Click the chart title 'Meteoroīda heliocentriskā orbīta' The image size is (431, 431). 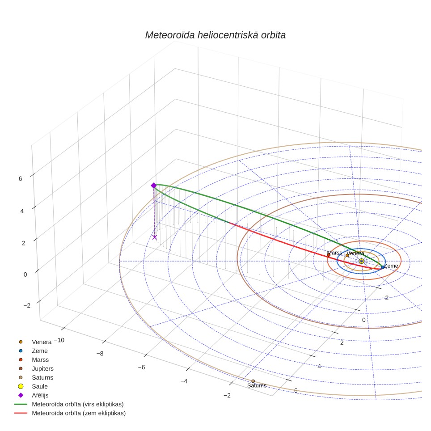pos(215,35)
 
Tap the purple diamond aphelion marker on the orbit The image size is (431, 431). pos(154,186)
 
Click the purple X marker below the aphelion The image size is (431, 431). pos(155,237)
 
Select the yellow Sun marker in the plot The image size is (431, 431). pos(361,261)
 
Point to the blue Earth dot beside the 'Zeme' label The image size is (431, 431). pos(383,267)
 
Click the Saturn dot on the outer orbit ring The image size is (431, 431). pos(253,381)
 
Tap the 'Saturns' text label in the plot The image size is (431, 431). pos(257,386)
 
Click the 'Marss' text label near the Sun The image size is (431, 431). pos(334,253)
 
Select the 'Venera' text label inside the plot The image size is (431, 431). pos(355,254)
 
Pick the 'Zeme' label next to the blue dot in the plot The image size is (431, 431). pos(391,266)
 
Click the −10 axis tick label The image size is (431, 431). pos(59,340)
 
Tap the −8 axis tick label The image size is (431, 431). pos(100,354)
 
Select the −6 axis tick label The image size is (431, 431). pos(141,368)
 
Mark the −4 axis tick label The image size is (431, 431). pos(184,381)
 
